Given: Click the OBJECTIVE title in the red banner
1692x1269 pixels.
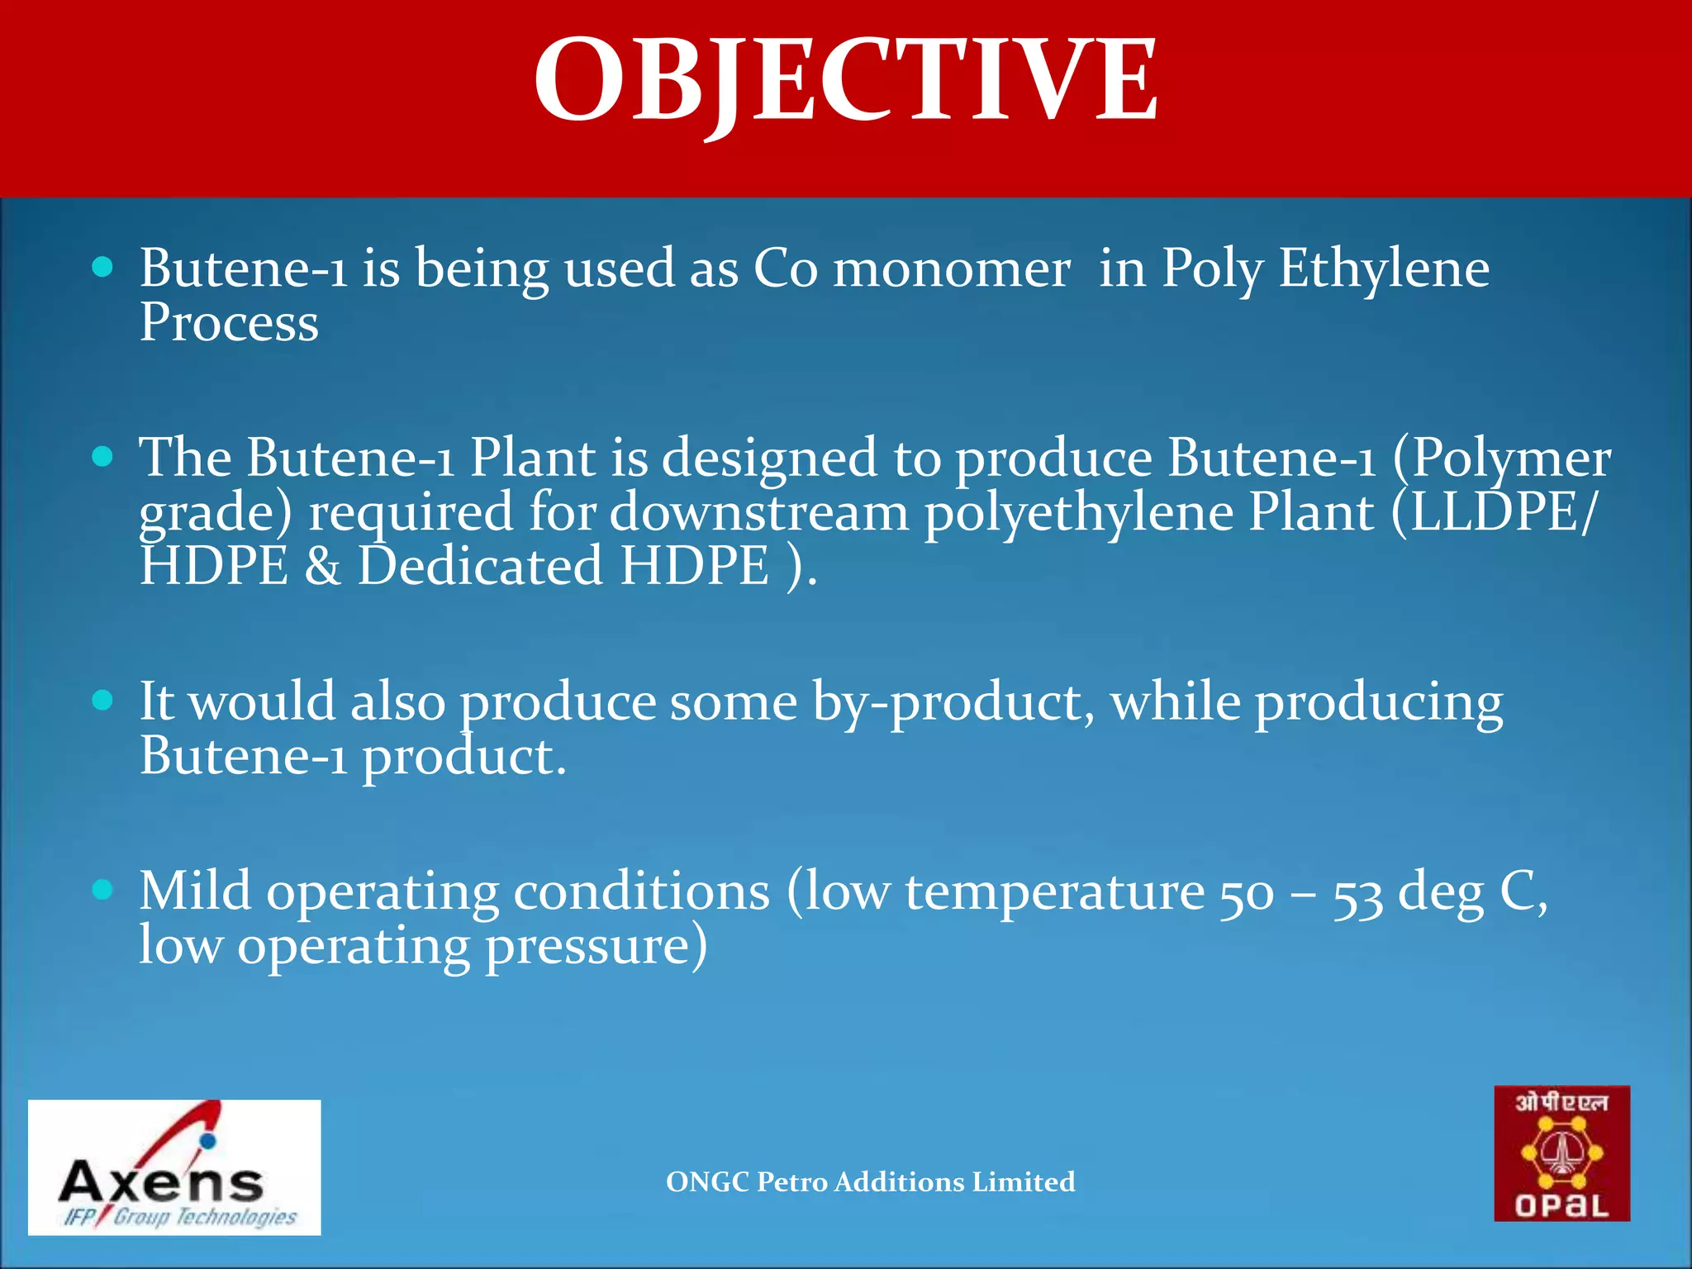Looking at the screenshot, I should pyautogui.click(x=845, y=81).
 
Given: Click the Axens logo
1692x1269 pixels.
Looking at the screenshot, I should pyautogui.click(x=174, y=1167).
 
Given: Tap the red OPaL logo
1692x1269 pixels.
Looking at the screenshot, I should pyautogui.click(x=1561, y=1153).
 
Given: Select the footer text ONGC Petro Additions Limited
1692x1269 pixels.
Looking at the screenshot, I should pyautogui.click(x=870, y=1181).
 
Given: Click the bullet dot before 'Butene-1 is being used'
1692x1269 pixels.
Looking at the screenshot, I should pyautogui.click(x=102, y=267).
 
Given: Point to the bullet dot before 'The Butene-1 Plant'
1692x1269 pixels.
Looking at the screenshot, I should pyautogui.click(x=102, y=456).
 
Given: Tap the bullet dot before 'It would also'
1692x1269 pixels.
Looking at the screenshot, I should pyautogui.click(x=102, y=701).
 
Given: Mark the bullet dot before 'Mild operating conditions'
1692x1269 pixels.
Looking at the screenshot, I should pyautogui.click(x=102, y=890).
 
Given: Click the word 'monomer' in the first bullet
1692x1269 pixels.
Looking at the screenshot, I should pyautogui.click(x=951, y=269).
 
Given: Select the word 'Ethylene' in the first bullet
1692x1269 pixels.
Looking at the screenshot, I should pyautogui.click(x=1384, y=269).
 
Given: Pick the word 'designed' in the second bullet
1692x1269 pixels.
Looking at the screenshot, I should pyautogui.click(x=769, y=459).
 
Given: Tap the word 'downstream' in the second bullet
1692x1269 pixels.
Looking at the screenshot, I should pyautogui.click(x=759, y=512).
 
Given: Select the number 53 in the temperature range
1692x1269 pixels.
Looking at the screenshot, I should pyautogui.click(x=1357, y=895).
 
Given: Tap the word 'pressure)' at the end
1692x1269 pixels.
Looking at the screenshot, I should pyautogui.click(x=596, y=947).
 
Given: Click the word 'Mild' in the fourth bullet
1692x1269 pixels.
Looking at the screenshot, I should pyautogui.click(x=195, y=891).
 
